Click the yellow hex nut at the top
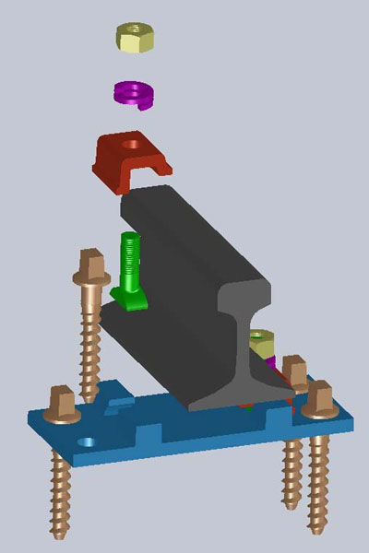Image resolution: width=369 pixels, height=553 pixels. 136,39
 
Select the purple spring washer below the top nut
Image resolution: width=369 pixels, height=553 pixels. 135,93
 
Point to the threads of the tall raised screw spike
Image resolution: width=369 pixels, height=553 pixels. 90,341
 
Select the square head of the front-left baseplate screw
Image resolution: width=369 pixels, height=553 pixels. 62,402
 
